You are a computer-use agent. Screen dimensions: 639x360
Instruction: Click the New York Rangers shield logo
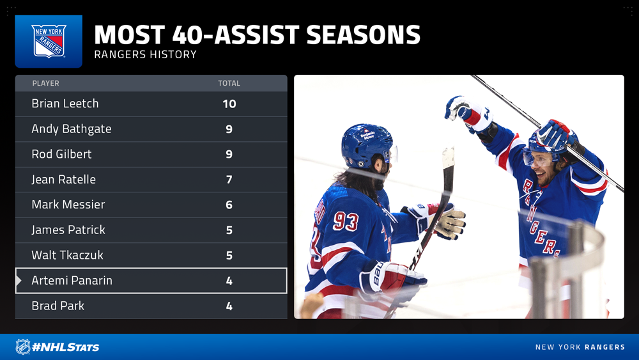(x=49, y=41)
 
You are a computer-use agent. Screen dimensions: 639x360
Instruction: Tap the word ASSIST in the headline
(x=256, y=35)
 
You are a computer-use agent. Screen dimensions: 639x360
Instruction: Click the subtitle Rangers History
(x=146, y=54)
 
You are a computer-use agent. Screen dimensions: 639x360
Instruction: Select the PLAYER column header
(x=45, y=83)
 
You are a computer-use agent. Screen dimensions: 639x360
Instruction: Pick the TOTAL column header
(x=229, y=83)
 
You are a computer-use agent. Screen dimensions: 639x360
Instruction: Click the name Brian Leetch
(x=65, y=104)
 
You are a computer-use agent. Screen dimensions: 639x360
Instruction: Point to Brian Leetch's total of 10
(x=229, y=104)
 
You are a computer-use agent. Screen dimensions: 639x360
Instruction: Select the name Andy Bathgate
(x=72, y=129)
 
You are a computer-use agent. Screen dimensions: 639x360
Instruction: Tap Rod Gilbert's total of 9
(x=229, y=154)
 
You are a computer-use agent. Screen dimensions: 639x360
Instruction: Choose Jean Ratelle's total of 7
(x=229, y=180)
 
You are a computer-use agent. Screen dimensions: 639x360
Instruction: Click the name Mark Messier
(x=68, y=204)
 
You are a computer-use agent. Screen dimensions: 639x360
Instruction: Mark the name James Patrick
(x=68, y=230)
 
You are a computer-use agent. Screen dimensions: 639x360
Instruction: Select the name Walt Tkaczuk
(x=68, y=254)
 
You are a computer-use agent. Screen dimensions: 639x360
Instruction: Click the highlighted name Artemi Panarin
(x=72, y=281)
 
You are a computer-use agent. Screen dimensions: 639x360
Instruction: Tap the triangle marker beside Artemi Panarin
(x=19, y=281)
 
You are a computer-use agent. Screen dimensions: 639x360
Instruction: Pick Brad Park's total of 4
(x=229, y=306)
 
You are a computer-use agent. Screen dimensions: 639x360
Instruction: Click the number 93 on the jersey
(x=346, y=222)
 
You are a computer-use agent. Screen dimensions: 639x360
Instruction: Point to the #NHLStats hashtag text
(x=66, y=347)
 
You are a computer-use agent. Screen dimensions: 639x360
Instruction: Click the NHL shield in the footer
(x=23, y=347)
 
